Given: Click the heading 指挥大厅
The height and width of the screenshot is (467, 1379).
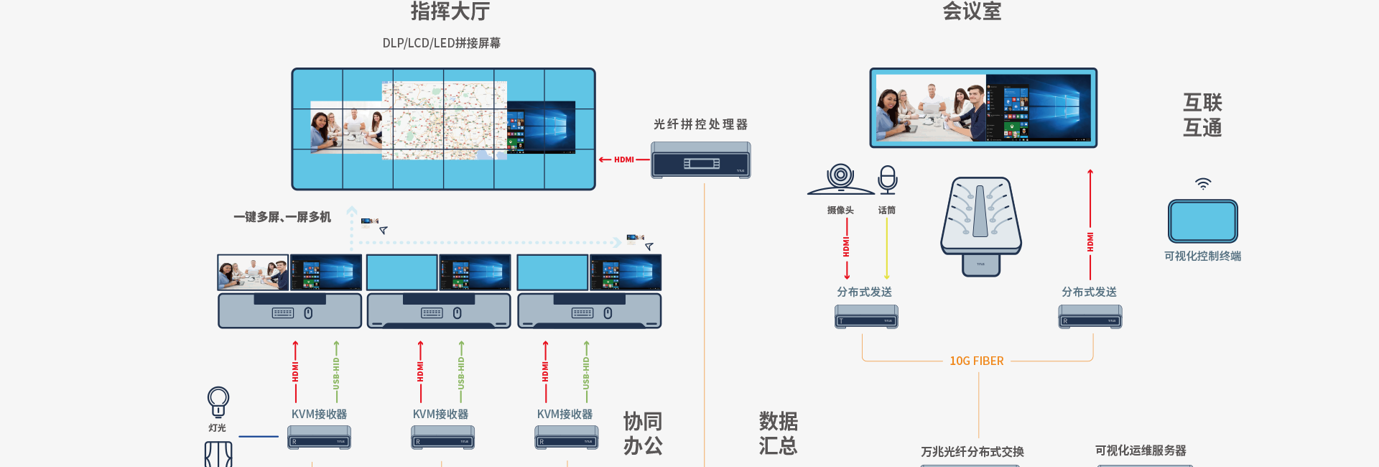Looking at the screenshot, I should click(x=450, y=11).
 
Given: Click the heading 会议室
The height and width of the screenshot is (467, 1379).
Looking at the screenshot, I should click(x=972, y=11).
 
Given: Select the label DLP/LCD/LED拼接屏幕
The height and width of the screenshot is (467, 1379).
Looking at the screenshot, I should click(x=441, y=43).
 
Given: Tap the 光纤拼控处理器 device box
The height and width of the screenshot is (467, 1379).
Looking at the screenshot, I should click(x=700, y=160).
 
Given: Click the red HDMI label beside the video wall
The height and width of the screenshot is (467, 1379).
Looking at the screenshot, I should click(x=623, y=159).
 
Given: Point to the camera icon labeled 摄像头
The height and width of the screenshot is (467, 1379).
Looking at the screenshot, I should click(x=840, y=180).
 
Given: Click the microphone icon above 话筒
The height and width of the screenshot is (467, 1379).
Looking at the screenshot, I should click(x=888, y=180).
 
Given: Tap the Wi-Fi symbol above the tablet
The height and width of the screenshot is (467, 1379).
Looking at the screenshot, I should click(x=1203, y=184).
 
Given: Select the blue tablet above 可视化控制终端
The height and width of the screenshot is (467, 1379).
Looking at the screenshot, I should click(x=1203, y=221).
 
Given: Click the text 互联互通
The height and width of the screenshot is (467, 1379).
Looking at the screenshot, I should click(x=1202, y=115).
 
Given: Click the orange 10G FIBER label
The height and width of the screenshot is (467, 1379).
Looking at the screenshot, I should click(x=977, y=361).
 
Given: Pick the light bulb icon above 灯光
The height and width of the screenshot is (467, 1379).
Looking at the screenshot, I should click(x=218, y=401).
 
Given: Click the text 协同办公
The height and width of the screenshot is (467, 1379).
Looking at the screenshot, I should click(x=643, y=433).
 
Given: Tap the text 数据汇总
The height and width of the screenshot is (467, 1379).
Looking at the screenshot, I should click(x=779, y=433).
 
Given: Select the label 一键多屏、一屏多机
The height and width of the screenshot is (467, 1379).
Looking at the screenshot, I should click(x=282, y=217).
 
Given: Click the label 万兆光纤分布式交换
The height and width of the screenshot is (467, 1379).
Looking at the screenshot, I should click(x=972, y=452).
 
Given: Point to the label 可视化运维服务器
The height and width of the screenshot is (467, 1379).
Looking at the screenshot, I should click(x=1141, y=450).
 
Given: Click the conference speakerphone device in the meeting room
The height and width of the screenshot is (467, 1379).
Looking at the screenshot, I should click(x=981, y=219).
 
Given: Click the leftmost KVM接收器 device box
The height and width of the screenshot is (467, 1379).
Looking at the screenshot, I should click(x=319, y=438).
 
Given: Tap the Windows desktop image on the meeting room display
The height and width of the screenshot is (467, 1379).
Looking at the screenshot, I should click(x=1039, y=109).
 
